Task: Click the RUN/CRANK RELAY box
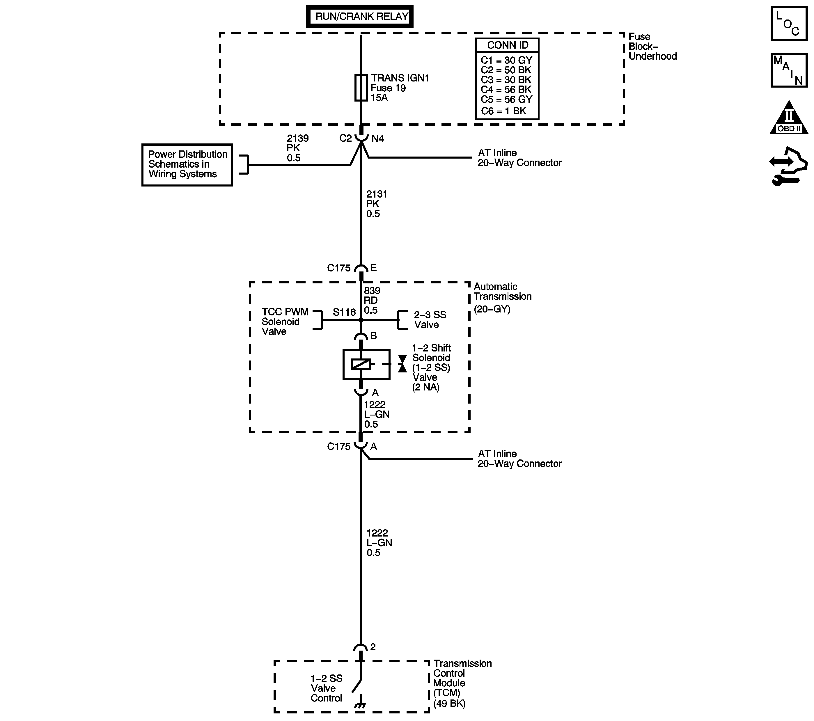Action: [x=360, y=16]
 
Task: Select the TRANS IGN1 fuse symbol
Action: [x=361, y=88]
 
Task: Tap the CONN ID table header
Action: [x=507, y=45]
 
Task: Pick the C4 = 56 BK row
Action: [x=506, y=90]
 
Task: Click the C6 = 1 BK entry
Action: [x=503, y=111]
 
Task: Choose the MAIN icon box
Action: [x=788, y=70]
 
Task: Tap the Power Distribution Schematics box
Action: [x=187, y=164]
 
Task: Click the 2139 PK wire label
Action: [x=297, y=148]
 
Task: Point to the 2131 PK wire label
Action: [x=376, y=204]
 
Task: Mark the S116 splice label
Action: [x=344, y=312]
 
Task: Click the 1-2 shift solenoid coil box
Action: [x=366, y=365]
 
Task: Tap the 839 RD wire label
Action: [x=372, y=301]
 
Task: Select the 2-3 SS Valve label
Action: [x=430, y=320]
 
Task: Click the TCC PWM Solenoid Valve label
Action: [x=285, y=322]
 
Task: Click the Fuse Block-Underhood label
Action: [x=652, y=47]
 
